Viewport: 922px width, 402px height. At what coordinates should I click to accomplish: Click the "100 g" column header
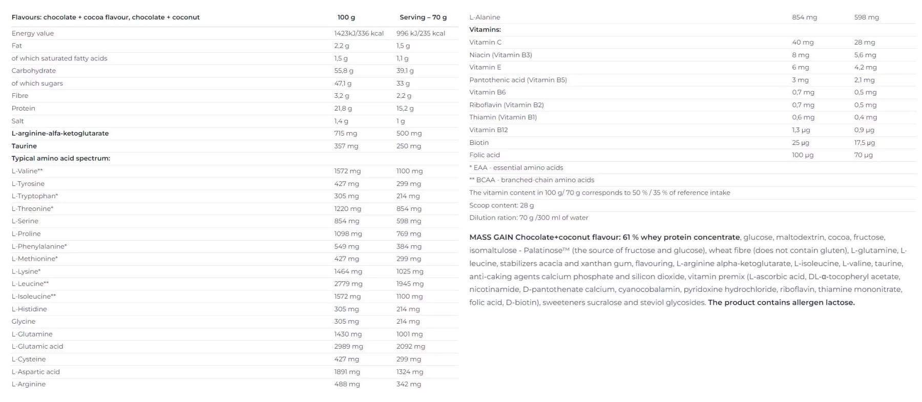[x=346, y=17]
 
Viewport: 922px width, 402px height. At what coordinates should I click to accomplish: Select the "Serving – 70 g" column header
[x=423, y=17]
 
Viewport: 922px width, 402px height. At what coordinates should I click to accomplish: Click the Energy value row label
[x=33, y=33]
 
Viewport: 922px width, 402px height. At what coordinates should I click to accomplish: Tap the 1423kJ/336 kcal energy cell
[x=359, y=33]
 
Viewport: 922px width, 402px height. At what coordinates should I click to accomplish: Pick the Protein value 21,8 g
[x=343, y=109]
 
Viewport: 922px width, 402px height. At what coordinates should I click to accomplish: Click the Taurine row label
[x=24, y=146]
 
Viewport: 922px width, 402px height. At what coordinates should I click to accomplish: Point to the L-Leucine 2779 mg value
[x=348, y=284]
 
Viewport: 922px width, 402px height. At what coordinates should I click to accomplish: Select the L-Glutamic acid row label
[x=37, y=347]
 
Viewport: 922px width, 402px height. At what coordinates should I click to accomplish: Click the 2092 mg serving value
[x=410, y=347]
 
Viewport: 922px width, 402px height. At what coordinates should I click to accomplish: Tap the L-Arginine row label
[x=29, y=384]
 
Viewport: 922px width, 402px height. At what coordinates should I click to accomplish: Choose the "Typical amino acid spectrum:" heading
[x=61, y=158]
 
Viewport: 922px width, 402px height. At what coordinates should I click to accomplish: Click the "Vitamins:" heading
[x=485, y=30]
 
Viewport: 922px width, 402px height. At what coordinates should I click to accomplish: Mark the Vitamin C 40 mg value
[x=803, y=43]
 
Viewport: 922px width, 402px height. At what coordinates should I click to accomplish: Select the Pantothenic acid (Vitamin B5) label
[x=518, y=80]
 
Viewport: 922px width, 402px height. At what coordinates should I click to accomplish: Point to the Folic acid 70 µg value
[x=863, y=155]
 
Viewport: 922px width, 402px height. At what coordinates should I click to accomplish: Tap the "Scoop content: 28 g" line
[x=501, y=205]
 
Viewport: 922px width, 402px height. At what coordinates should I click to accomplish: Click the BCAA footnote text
[x=532, y=180]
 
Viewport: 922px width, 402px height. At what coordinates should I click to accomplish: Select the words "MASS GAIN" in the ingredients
[x=491, y=238]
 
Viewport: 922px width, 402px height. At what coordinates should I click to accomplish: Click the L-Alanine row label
[x=485, y=17]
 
